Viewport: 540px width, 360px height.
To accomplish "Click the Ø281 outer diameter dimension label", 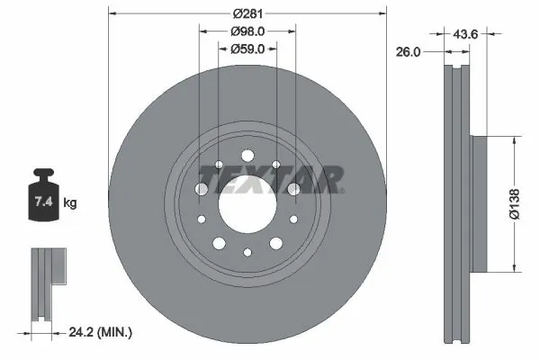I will coord(247,14).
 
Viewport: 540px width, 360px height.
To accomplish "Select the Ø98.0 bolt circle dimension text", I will coord(247,32).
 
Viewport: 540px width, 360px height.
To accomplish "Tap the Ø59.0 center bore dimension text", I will coord(247,50).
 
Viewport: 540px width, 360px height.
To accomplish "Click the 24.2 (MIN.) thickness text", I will coord(101,333).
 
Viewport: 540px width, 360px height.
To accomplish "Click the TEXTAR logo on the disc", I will coord(269,178).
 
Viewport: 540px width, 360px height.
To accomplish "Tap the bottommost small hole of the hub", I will coord(247,253).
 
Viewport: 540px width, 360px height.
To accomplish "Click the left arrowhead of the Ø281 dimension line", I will coord(112,14).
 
